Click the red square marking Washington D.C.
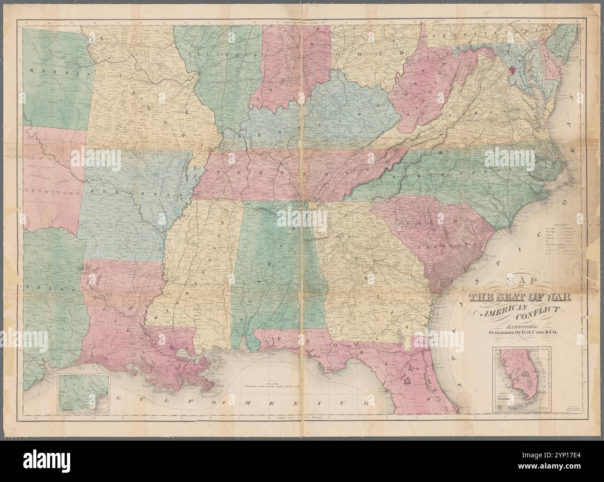pos(512,71)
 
